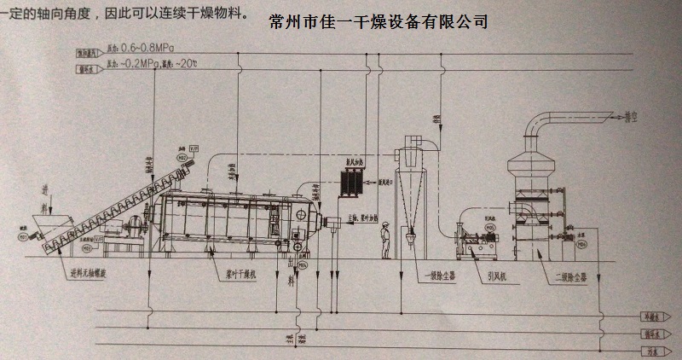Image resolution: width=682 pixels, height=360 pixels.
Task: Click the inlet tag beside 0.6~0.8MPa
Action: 89,51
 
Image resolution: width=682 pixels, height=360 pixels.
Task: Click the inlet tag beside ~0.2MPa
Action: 89,64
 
